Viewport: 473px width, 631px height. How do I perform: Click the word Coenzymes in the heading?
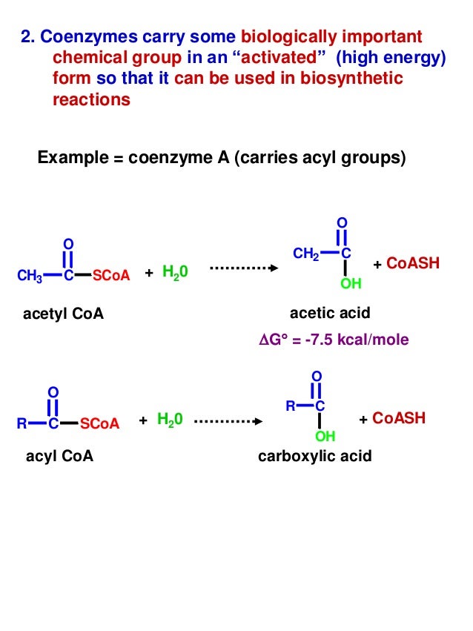coord(82,37)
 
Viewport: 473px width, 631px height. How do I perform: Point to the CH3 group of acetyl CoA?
coord(29,277)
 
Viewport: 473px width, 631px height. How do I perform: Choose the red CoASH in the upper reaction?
coord(413,264)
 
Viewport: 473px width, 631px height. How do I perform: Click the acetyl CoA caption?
coord(64,314)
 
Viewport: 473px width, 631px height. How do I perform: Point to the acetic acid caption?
coord(330,313)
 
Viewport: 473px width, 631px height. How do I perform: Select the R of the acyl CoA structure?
coord(22,425)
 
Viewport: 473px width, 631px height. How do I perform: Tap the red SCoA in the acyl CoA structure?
coord(99,424)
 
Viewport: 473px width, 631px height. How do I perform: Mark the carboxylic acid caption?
coord(315,456)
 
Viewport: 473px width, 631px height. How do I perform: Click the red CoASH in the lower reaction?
coord(399,418)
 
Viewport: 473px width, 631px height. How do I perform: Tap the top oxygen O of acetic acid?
coord(341,222)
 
